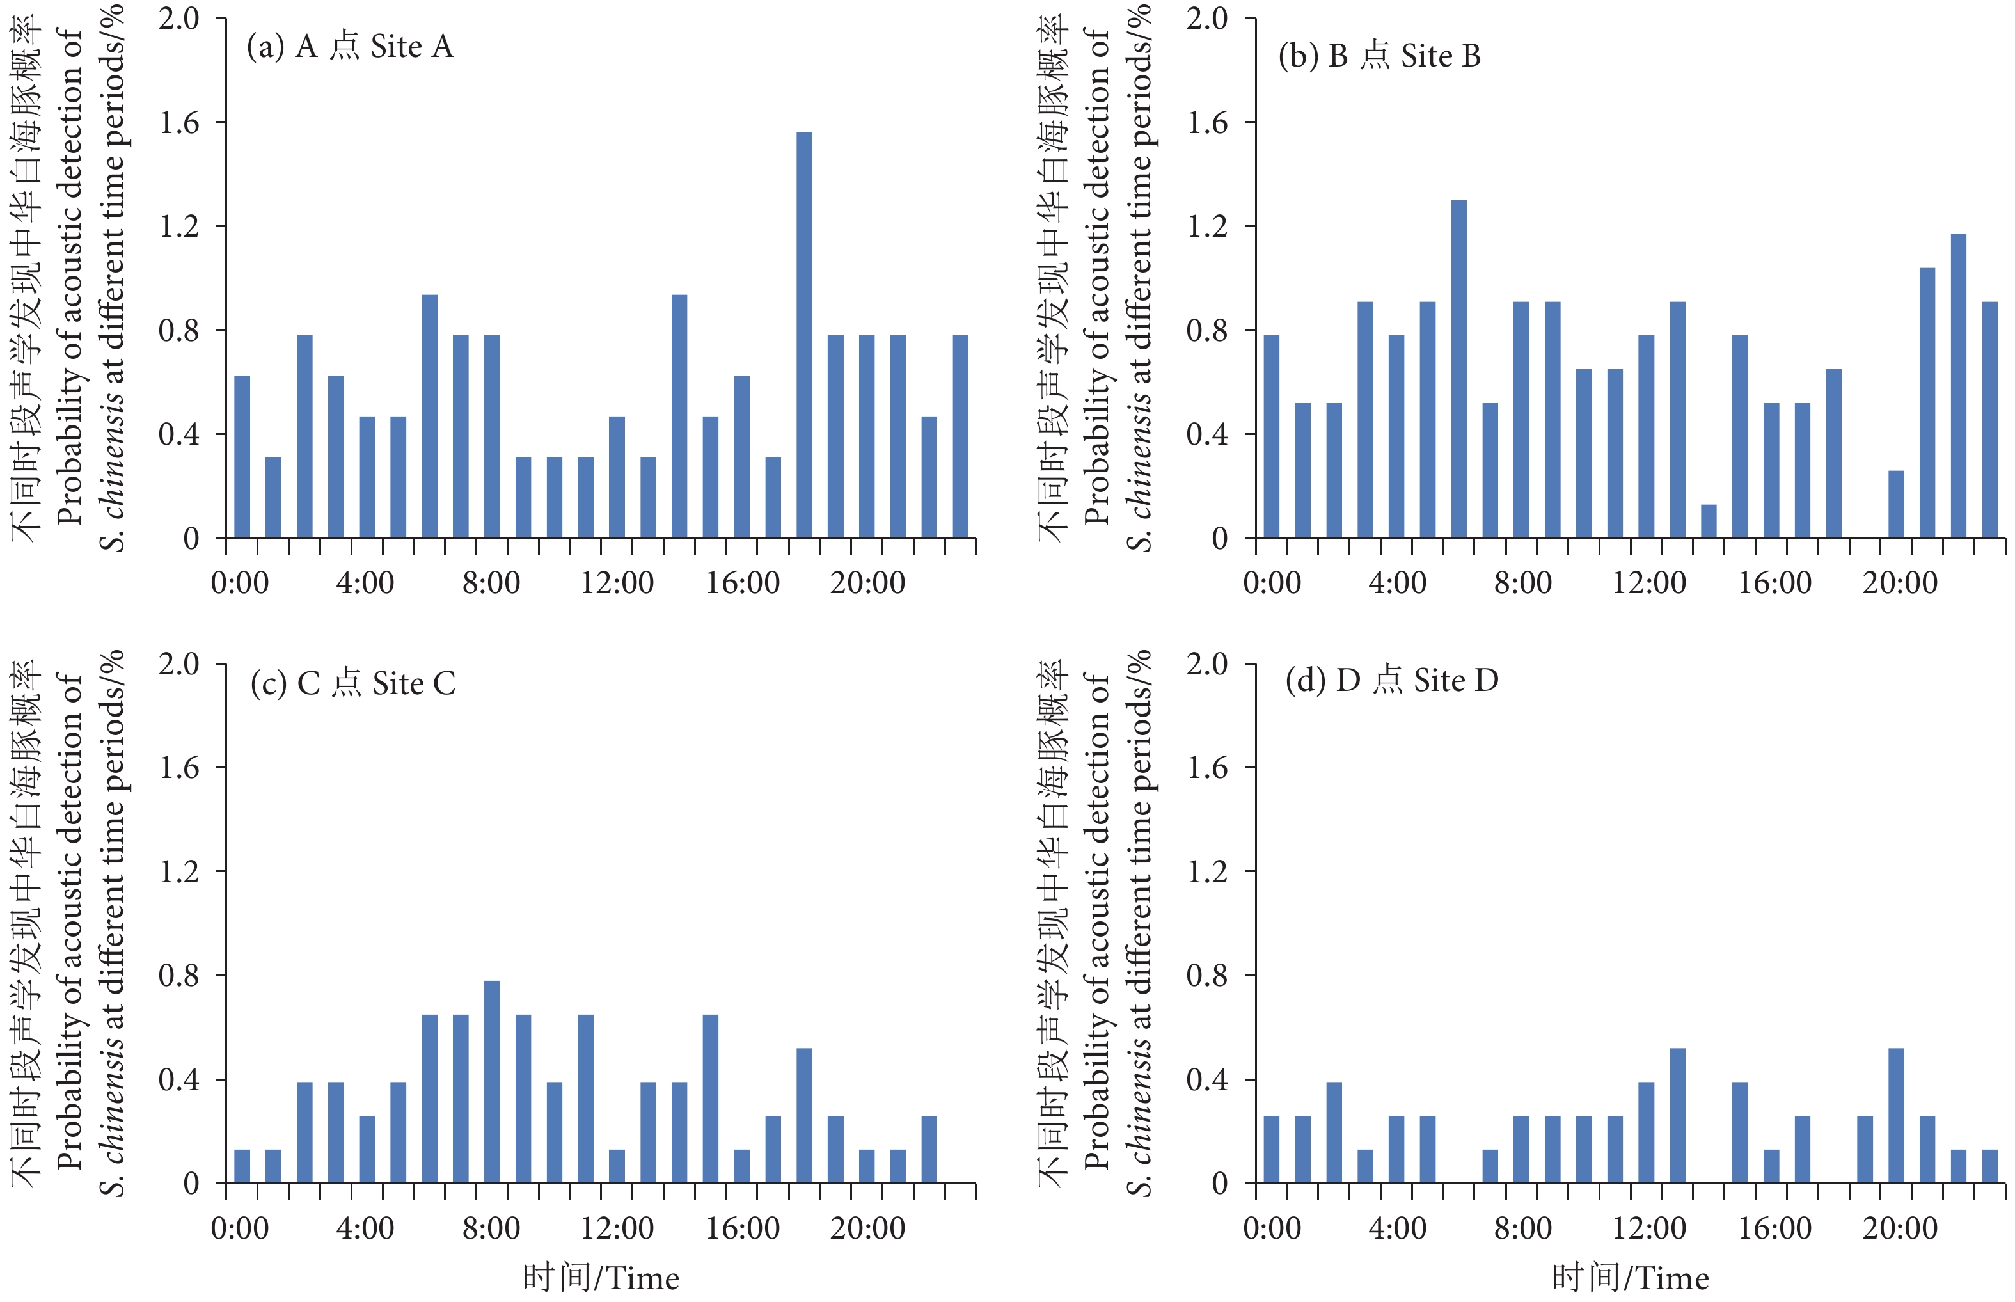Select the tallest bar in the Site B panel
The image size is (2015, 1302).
[x=1458, y=369]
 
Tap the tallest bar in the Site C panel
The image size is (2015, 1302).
[x=492, y=1081]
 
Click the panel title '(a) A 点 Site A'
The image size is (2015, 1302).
[x=350, y=47]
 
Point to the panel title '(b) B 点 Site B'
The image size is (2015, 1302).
[x=1379, y=56]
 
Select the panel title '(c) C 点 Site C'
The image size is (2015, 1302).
[x=352, y=683]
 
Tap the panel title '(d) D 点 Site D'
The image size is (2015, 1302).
[x=1391, y=679]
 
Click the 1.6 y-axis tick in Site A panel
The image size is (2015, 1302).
[x=179, y=123]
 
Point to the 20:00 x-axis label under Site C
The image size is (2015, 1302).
[x=867, y=1228]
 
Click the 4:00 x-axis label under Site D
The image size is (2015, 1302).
[x=1397, y=1228]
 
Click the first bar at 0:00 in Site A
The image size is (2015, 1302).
[x=242, y=457]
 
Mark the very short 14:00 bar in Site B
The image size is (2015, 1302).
[x=1708, y=521]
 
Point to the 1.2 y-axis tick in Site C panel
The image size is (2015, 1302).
[x=179, y=871]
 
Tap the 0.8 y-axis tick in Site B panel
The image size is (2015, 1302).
[x=1207, y=331]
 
